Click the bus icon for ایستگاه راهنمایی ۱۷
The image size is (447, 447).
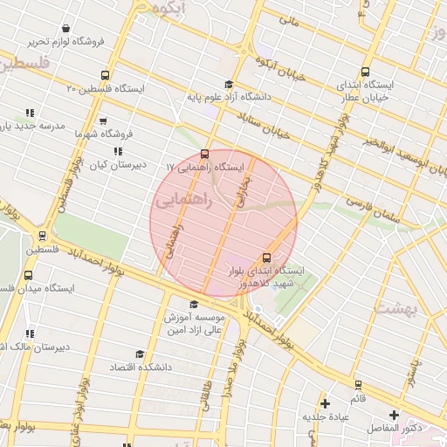tap(205, 154)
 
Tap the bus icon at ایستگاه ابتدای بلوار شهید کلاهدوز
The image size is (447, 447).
tap(266, 257)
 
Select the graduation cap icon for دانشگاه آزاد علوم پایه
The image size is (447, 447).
tap(229, 85)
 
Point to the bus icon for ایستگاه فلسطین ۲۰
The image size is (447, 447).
tap(106, 75)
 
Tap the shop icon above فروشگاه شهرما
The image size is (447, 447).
tap(103, 120)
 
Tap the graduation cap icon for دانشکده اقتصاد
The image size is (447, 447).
tap(140, 354)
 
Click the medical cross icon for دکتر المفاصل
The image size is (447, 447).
tap(394, 415)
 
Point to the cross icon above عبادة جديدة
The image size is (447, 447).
tap(326, 403)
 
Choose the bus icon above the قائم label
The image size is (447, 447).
tap(357, 385)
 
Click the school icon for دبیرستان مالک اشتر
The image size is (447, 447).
tap(30, 334)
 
